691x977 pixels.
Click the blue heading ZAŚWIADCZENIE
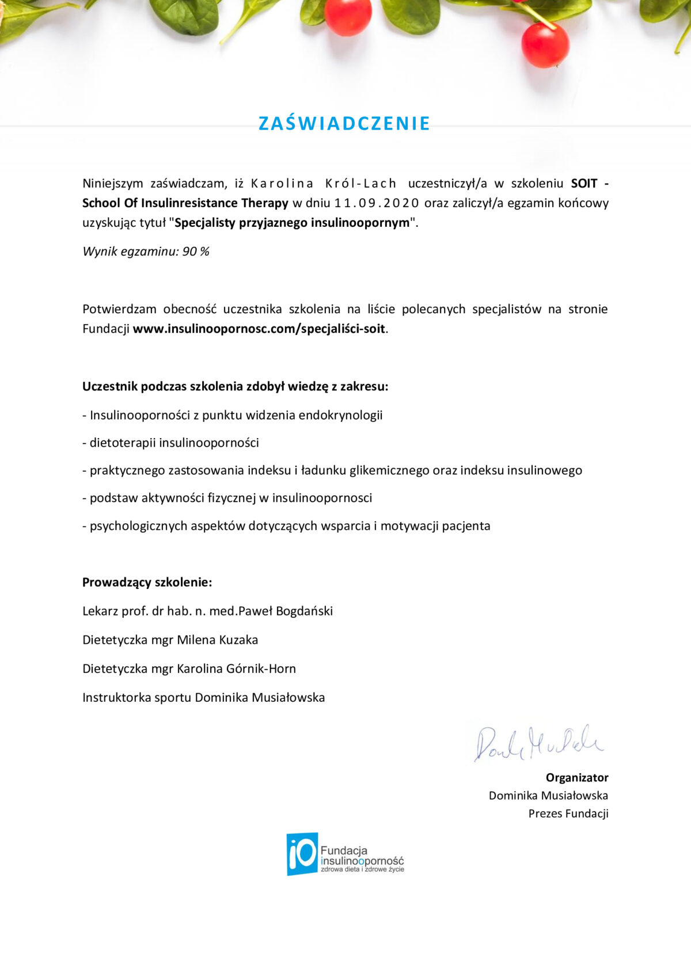pyautogui.click(x=344, y=123)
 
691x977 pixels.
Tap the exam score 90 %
pyautogui.click(x=196, y=252)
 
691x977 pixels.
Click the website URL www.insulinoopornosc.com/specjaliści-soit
pyautogui.click(x=259, y=329)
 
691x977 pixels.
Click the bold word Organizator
pyautogui.click(x=577, y=778)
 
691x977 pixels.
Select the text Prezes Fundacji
pyautogui.click(x=568, y=813)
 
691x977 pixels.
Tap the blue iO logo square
pyautogui.click(x=302, y=853)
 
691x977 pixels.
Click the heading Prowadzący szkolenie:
pyautogui.click(x=147, y=582)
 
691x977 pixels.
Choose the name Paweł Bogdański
pyautogui.click(x=286, y=611)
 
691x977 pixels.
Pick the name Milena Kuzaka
pyautogui.click(x=217, y=640)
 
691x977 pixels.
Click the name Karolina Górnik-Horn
pyautogui.click(x=236, y=668)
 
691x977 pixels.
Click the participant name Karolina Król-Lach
pyautogui.click(x=324, y=184)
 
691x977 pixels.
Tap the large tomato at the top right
pyautogui.click(x=545, y=44)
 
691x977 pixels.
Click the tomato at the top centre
pyautogui.click(x=348, y=16)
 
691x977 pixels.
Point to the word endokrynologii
pyautogui.click(x=340, y=415)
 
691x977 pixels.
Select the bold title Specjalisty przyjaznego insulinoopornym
pyautogui.click(x=292, y=223)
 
